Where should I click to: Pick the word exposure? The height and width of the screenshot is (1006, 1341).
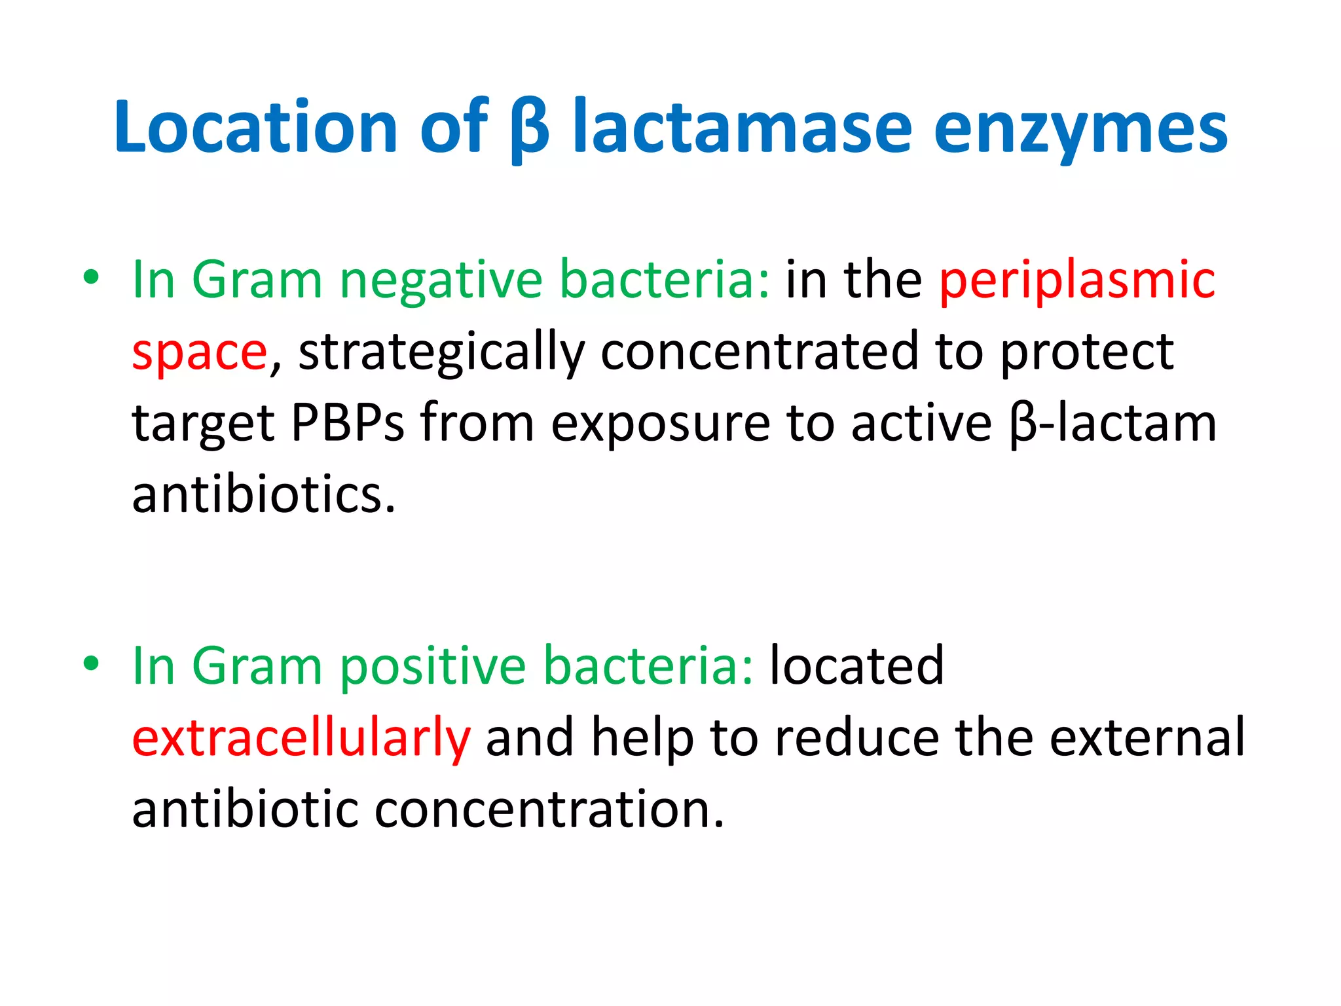[660, 425]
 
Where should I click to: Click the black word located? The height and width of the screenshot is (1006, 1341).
[856, 666]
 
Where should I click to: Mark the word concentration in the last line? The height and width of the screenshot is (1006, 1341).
[549, 810]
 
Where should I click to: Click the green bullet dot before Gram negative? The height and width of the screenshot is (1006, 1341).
[91, 277]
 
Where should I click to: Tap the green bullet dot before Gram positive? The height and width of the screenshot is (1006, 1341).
[91, 663]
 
